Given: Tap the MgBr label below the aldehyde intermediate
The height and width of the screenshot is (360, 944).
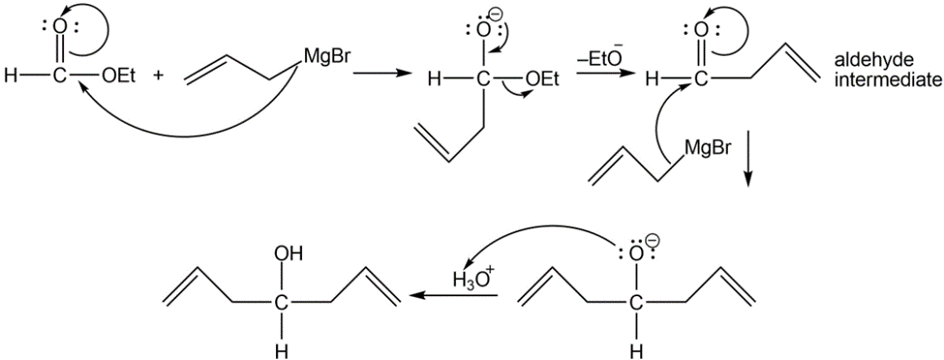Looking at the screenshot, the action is click(706, 149).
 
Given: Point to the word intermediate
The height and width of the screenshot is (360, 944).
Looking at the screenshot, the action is click(888, 78).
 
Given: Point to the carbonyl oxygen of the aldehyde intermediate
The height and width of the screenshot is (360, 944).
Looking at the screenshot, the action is click(698, 29).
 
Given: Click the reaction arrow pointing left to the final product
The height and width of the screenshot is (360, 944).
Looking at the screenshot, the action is click(453, 295).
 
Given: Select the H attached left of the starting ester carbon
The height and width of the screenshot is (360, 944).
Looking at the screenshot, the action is click(9, 77).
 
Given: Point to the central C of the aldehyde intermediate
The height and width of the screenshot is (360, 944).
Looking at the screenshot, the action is click(698, 78).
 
